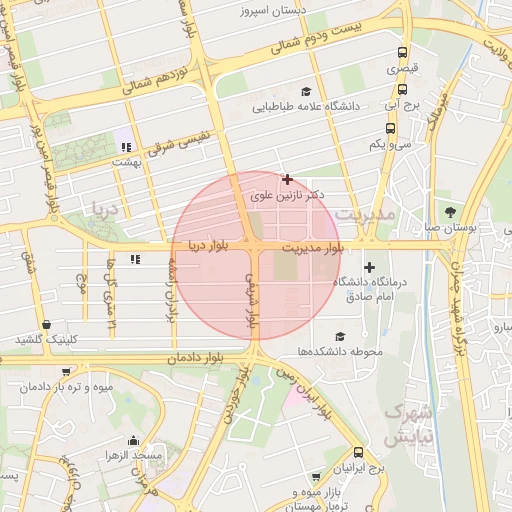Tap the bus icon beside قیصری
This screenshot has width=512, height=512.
402,53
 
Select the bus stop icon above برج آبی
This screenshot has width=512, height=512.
390,90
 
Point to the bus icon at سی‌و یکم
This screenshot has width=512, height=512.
390,128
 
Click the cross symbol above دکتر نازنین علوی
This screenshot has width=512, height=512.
288,180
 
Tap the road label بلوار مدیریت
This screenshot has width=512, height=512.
312,246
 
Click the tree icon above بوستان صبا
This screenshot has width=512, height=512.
451,212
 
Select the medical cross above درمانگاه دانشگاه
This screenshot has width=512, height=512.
370,267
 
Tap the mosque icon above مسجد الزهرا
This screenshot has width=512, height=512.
133,440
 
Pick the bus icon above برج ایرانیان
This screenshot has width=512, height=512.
358,453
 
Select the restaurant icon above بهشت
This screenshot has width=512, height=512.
126,147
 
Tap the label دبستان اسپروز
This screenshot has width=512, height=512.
274,13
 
